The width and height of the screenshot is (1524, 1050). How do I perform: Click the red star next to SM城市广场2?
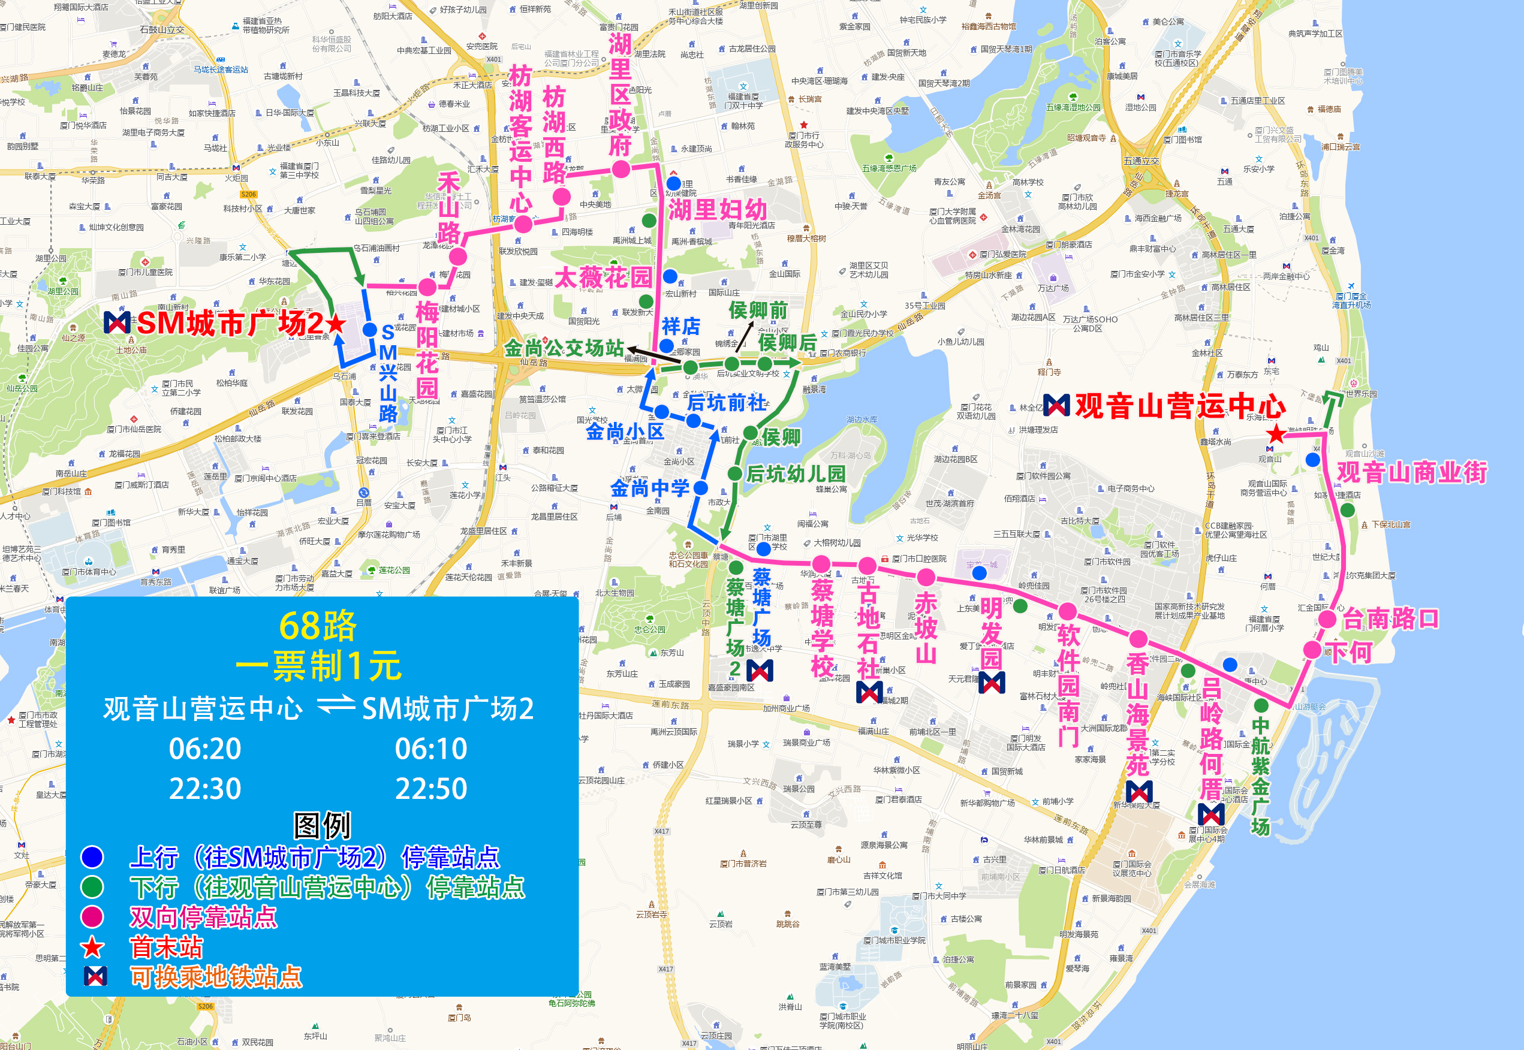click(x=336, y=323)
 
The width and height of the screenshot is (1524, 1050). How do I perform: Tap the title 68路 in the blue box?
click(x=318, y=626)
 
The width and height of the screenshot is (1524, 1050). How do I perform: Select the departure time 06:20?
click(x=204, y=749)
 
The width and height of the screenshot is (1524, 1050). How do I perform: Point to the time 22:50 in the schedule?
click(x=431, y=789)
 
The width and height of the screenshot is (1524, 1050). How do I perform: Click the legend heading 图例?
click(x=322, y=825)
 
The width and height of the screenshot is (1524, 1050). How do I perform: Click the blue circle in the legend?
click(x=92, y=856)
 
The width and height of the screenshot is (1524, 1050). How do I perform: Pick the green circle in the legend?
click(x=92, y=887)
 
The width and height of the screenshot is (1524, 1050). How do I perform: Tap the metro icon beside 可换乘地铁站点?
click(x=95, y=976)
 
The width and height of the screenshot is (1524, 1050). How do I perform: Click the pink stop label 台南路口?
click(x=1390, y=619)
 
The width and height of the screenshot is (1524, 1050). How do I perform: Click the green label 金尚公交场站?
click(x=564, y=348)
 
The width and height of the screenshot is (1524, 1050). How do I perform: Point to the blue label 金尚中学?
click(x=649, y=488)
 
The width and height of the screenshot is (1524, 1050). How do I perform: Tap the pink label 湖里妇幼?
click(x=718, y=210)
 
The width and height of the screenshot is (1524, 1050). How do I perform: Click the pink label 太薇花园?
click(x=603, y=277)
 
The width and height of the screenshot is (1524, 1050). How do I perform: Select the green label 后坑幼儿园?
click(x=795, y=473)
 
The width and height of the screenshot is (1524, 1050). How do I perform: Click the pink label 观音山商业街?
click(x=1411, y=472)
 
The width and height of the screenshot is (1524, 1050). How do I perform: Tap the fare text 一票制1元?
click(x=318, y=666)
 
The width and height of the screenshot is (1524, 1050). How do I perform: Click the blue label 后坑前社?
click(x=727, y=402)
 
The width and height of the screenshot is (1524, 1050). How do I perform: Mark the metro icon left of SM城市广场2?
click(x=117, y=322)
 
